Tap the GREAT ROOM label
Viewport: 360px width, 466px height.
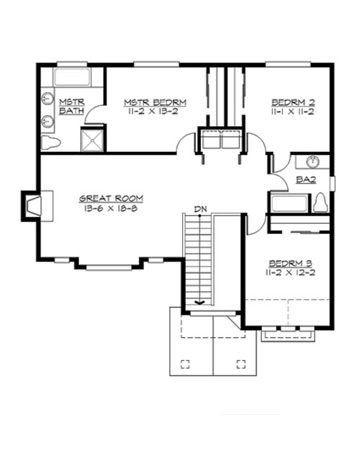click(111, 197)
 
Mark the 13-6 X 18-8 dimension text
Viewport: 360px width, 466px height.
click(111, 207)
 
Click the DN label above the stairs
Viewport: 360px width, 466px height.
click(202, 210)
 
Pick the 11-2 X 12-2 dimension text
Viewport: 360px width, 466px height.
click(287, 273)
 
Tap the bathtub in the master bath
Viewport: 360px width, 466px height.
click(71, 79)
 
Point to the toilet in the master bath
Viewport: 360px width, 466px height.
click(53, 142)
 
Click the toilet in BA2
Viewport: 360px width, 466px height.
click(322, 203)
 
